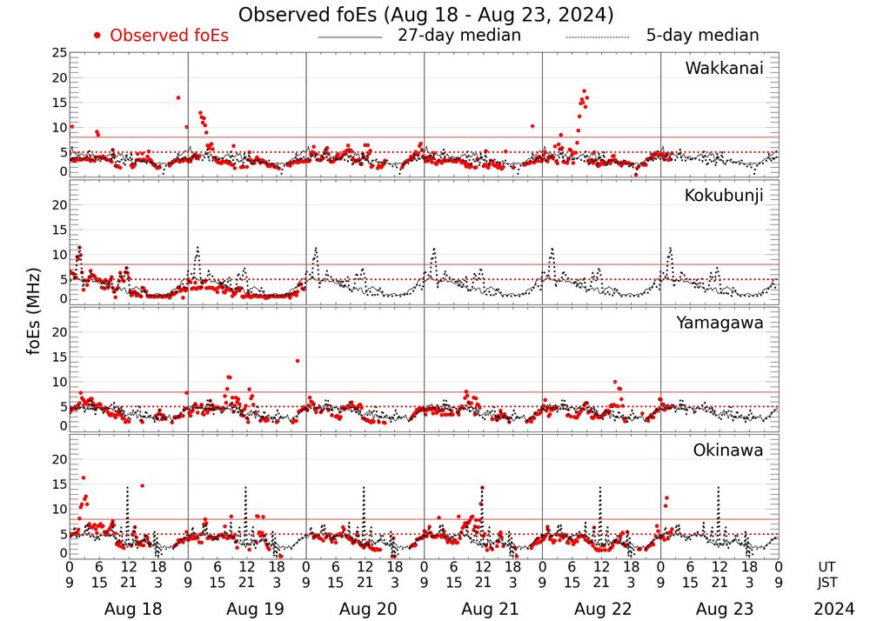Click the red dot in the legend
tap(97, 36)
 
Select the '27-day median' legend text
tap(458, 36)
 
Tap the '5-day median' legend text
tap(702, 36)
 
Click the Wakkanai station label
tap(724, 69)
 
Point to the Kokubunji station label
tap(722, 196)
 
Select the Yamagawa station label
tap(719, 323)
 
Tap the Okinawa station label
tap(728, 450)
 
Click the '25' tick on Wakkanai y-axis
tap(59, 53)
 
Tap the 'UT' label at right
tap(827, 566)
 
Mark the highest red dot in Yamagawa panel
tap(297, 360)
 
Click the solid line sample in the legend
tap(350, 37)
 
